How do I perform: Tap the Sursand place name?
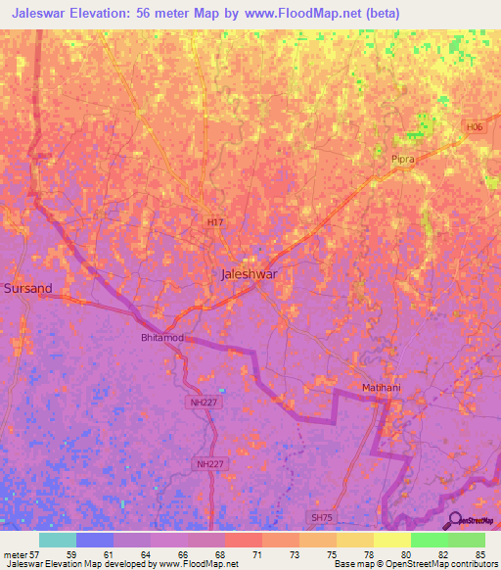[27, 289]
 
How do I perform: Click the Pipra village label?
[403, 158]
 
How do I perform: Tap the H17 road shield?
[215, 223]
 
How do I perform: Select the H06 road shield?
[475, 127]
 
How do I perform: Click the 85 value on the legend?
[479, 553]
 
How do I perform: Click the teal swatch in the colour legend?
[57, 540]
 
